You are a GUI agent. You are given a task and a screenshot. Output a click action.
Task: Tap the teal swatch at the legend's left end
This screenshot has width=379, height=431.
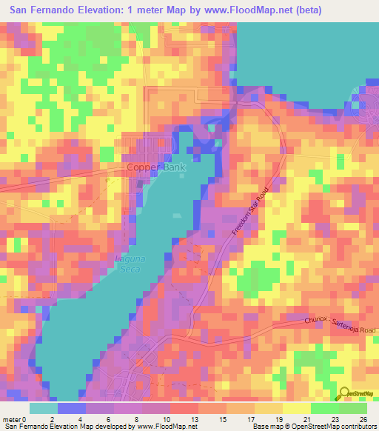[x=44, y=408]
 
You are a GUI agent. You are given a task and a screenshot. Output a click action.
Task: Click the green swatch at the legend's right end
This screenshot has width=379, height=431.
[x=352, y=408]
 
